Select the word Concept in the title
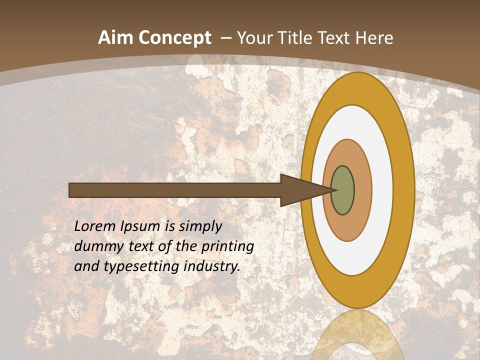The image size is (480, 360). (x=174, y=38)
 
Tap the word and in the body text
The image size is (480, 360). (x=86, y=267)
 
